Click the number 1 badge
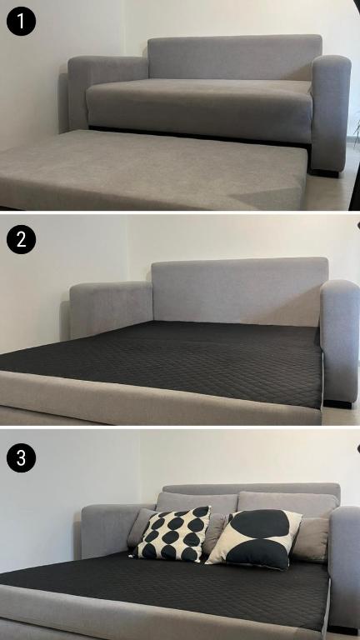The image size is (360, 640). click(x=21, y=21)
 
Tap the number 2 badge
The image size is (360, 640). click(x=21, y=239)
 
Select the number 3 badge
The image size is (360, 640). click(x=21, y=457)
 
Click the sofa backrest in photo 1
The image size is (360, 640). click(x=235, y=57)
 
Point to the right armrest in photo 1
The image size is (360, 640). click(x=330, y=112)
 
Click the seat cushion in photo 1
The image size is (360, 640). click(x=200, y=108)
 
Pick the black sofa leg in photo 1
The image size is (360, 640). click(x=325, y=173)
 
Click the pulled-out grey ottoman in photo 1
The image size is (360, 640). click(x=151, y=169)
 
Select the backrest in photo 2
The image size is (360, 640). click(x=240, y=291)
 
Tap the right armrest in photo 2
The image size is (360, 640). click(x=340, y=341)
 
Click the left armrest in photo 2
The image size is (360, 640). click(x=111, y=308)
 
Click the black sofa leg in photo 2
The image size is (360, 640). click(x=337, y=404)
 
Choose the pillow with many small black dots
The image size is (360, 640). click(x=172, y=532)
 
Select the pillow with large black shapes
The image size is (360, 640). click(x=255, y=538)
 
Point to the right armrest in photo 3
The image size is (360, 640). click(x=345, y=567)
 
